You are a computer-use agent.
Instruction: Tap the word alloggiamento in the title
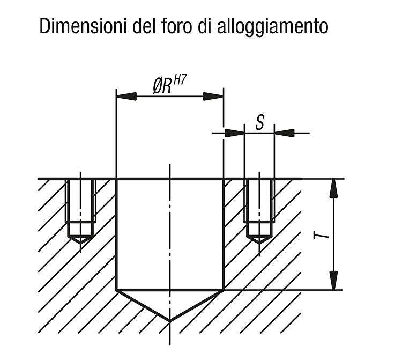[x=272, y=27]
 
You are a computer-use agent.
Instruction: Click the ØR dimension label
[x=162, y=86]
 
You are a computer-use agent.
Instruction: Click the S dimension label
[x=260, y=122]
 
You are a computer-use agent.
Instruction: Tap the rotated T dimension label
[x=321, y=235]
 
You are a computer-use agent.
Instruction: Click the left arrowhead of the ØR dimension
[x=126, y=97]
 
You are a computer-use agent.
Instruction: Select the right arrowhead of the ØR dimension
[x=213, y=97]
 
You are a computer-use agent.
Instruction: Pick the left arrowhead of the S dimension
[x=235, y=133]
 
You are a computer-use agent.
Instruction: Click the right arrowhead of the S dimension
[x=284, y=133]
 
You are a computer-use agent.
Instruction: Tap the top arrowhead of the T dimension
[x=333, y=188]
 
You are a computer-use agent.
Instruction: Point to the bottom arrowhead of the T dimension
[x=333, y=281]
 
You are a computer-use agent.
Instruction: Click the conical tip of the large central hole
[x=170, y=321]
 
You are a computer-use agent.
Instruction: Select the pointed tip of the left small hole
[x=80, y=243]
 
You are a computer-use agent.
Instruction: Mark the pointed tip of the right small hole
[x=259, y=243]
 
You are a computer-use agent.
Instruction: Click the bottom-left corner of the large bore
[x=117, y=290]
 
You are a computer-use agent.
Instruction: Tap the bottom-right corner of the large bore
[x=224, y=290]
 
